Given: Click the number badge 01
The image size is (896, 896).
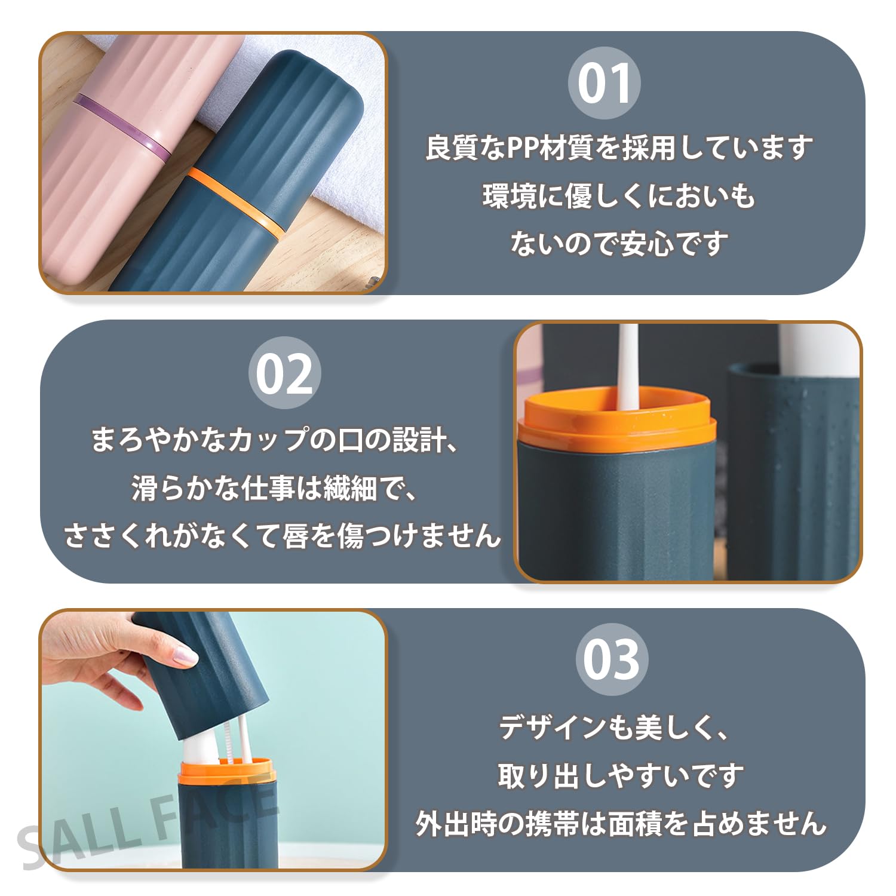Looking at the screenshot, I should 604,83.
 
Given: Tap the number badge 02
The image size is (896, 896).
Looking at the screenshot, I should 284,373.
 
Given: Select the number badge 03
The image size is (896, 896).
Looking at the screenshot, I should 611,659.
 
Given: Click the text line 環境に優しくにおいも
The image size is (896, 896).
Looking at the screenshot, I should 619,196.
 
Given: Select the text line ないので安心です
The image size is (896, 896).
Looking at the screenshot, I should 619,244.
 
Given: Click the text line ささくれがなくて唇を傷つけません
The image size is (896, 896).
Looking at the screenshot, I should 282,535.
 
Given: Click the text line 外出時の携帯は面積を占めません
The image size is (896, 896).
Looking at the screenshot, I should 621,824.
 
